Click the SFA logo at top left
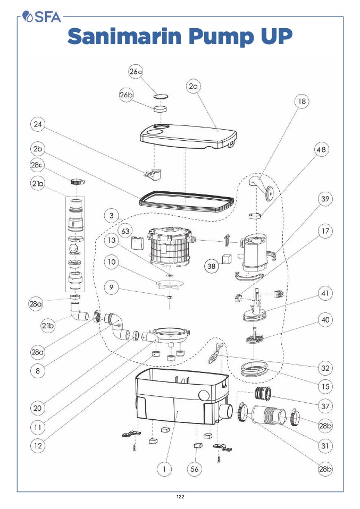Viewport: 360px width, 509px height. [43, 17]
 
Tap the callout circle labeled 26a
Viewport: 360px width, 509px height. [136, 72]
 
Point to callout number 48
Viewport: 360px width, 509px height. [321, 150]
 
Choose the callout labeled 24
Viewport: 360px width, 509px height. [37, 125]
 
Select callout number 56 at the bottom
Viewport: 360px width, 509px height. [195, 469]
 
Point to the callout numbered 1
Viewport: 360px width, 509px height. [165, 469]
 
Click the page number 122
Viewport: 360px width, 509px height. [180, 496]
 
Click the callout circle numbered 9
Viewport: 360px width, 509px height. [111, 288]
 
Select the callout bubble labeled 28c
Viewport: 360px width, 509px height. [37, 165]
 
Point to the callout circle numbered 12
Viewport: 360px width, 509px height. [38, 446]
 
